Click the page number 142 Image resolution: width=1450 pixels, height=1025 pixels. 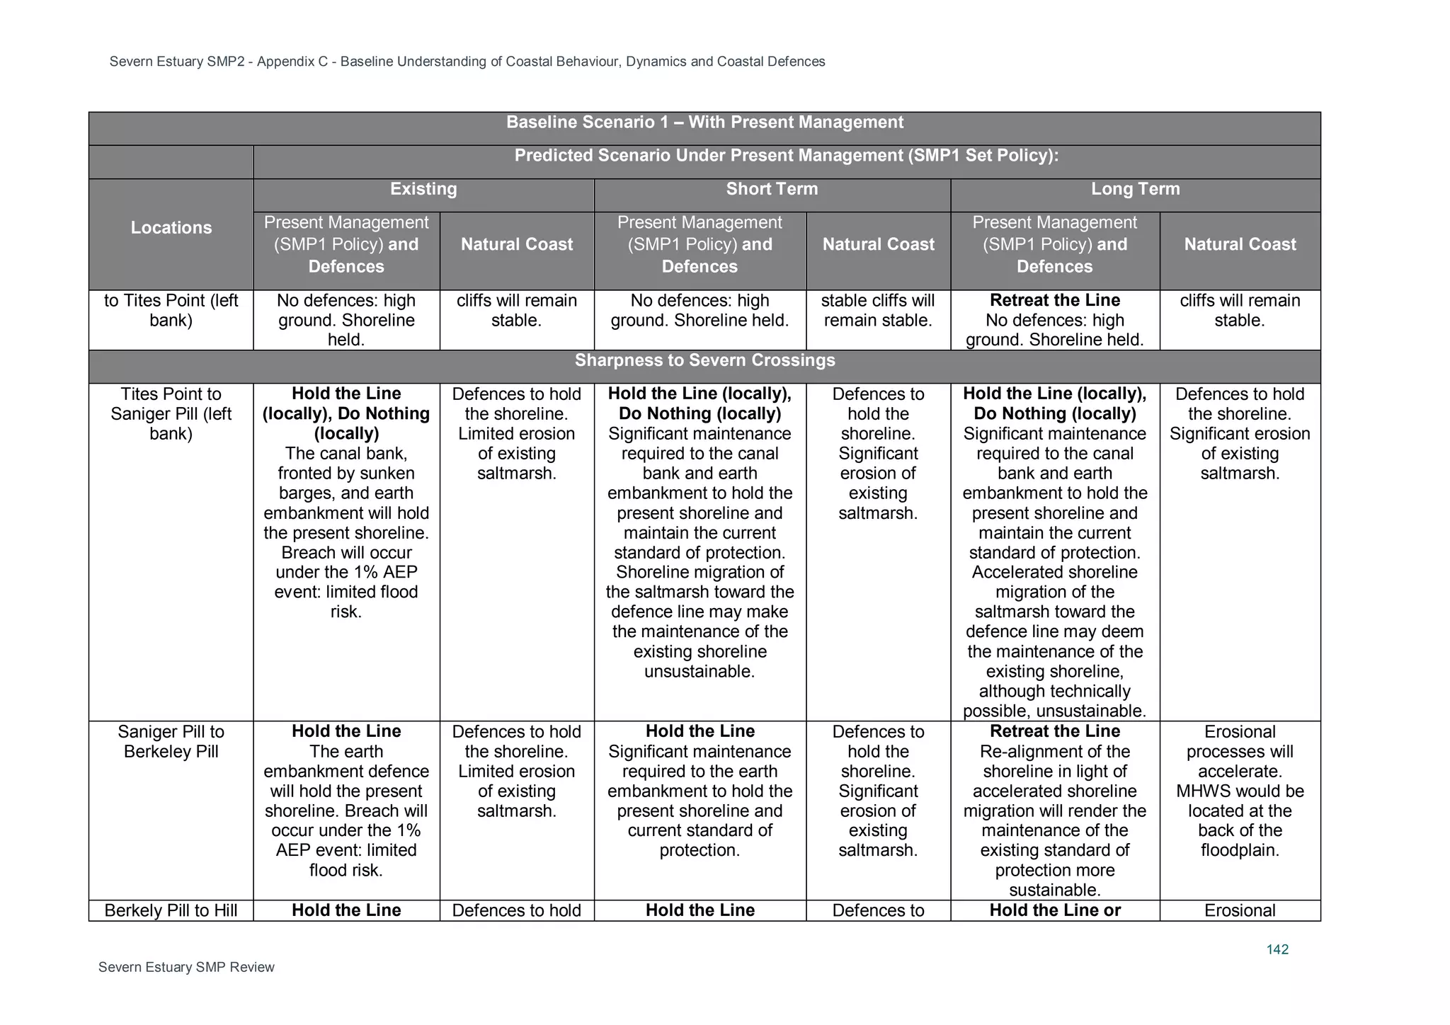(x=1277, y=949)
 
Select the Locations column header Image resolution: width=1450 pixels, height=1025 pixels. (x=171, y=228)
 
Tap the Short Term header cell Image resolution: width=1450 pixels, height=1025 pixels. (x=771, y=189)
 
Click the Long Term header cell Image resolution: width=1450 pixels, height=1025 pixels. (x=1135, y=189)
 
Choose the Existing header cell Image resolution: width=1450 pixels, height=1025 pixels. (x=423, y=189)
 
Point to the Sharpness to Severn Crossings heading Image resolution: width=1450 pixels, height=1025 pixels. (x=704, y=360)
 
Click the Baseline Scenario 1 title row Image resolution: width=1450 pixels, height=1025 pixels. (x=704, y=122)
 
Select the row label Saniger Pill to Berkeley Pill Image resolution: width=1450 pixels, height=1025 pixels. (x=171, y=741)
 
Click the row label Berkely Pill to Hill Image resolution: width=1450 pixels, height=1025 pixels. (x=171, y=910)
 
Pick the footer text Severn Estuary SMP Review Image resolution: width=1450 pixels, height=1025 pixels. (x=186, y=967)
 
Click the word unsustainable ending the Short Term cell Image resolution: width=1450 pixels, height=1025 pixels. (x=700, y=671)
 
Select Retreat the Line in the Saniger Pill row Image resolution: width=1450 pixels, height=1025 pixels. (x=1054, y=731)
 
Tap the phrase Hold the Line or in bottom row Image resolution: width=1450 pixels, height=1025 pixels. (x=1054, y=910)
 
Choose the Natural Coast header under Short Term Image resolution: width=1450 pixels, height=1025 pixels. (x=878, y=244)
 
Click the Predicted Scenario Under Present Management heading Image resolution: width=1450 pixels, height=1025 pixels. (x=786, y=156)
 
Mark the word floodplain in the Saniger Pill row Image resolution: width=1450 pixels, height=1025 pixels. (x=1240, y=850)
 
